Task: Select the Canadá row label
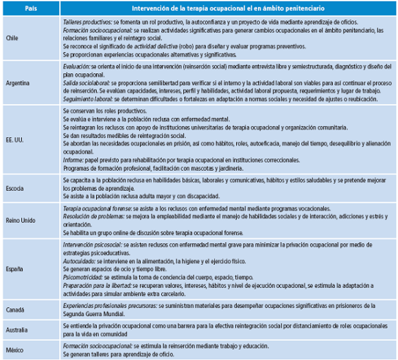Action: pos(15,309)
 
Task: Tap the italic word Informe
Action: pos(73,158)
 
